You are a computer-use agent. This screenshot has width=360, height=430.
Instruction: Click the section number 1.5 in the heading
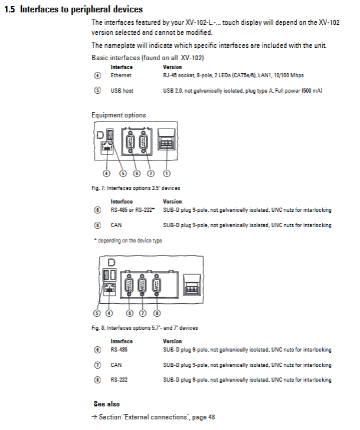[x=9, y=10]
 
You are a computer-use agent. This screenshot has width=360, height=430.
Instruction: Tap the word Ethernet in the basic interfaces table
[x=121, y=76]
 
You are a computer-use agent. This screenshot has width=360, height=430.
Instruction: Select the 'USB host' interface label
[x=122, y=91]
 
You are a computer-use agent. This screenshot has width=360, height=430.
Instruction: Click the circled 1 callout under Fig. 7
[x=166, y=173]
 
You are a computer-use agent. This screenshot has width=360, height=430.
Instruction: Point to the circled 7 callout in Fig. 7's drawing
[x=150, y=173]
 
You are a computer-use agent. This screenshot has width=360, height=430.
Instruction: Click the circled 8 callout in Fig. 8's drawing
[x=156, y=313]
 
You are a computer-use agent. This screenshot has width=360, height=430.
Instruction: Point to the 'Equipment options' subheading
[x=119, y=115]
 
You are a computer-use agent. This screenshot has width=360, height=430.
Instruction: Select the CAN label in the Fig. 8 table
[x=116, y=365]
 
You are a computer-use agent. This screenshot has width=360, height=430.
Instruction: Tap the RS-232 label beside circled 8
[x=119, y=380]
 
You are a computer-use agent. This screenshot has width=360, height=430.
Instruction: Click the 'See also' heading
[x=107, y=404]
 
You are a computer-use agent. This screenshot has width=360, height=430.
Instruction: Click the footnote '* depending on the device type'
[x=128, y=240]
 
